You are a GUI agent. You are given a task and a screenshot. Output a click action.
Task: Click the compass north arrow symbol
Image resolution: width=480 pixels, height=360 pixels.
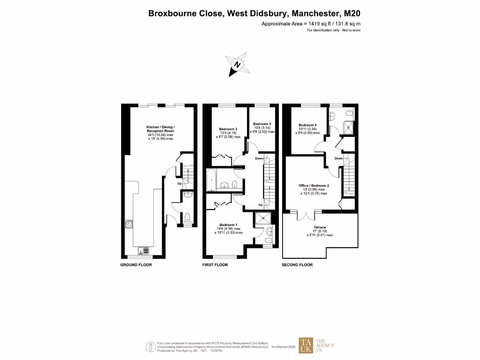click(x=237, y=65)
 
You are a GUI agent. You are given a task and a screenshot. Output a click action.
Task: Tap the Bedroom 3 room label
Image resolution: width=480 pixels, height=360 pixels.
click(x=228, y=129)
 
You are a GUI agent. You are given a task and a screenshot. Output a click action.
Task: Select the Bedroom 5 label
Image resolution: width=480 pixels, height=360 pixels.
click(x=262, y=124)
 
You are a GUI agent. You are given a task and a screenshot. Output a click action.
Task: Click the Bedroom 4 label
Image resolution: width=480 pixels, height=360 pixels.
click(x=308, y=125)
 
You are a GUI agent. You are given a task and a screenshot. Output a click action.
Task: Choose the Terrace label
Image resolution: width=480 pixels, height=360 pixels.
click(x=320, y=228)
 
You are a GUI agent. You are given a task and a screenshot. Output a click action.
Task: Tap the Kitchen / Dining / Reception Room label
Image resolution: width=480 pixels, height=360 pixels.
click(x=160, y=127)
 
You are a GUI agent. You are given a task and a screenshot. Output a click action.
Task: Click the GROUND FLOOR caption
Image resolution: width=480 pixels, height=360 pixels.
click(x=136, y=265)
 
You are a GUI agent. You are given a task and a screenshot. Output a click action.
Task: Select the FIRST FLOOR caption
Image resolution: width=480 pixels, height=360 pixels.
click(x=215, y=265)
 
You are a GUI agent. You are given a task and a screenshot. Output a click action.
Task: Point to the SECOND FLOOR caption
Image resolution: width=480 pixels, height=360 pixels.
click(x=297, y=265)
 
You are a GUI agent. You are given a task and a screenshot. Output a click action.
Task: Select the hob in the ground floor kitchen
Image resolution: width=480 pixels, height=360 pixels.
click(x=128, y=224)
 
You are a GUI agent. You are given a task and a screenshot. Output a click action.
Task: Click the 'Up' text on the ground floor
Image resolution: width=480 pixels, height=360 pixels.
click(x=179, y=183)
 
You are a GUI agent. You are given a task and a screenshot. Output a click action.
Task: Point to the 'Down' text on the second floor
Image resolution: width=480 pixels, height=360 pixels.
click(x=339, y=158)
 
